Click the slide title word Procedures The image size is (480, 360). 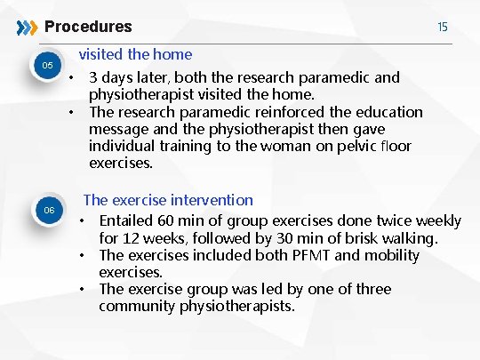click(x=88, y=27)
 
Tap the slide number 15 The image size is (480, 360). click(x=443, y=27)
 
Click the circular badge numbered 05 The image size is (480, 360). click(x=50, y=67)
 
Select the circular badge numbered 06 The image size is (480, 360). click(x=50, y=210)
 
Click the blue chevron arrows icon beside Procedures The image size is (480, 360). click(x=28, y=27)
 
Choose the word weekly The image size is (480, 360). click(x=436, y=220)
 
